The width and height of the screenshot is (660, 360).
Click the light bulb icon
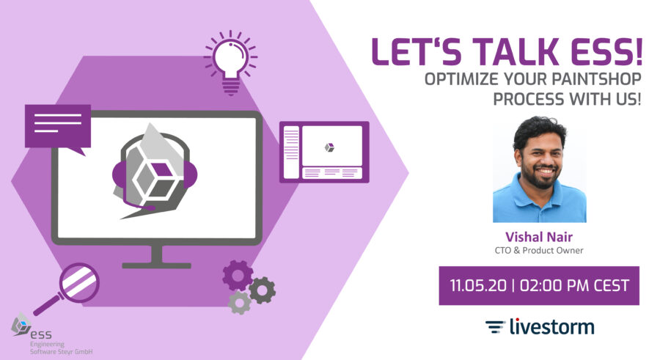pos(231,62)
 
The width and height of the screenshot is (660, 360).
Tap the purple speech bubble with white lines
pos(58,127)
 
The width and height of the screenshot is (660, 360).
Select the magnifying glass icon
pos(67,288)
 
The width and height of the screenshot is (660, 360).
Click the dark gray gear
pos(262,290)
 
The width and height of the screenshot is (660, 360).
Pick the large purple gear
pos(238,276)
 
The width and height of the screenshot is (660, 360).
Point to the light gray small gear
pos(240,302)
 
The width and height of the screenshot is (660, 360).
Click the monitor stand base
pos(157,265)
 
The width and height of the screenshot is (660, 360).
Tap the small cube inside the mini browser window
pos(329,147)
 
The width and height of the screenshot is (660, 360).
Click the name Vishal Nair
pos(539,237)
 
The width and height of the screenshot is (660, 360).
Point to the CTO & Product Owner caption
pos(539,250)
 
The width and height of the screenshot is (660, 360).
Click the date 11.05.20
pos(478,285)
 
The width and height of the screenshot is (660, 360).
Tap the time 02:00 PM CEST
pos(574,285)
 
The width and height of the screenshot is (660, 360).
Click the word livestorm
pos(551,327)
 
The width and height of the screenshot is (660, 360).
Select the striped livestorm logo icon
pos(495,327)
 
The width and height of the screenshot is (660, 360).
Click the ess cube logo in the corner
pos(21,324)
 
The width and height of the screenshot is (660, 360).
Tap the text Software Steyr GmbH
pos(61,352)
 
